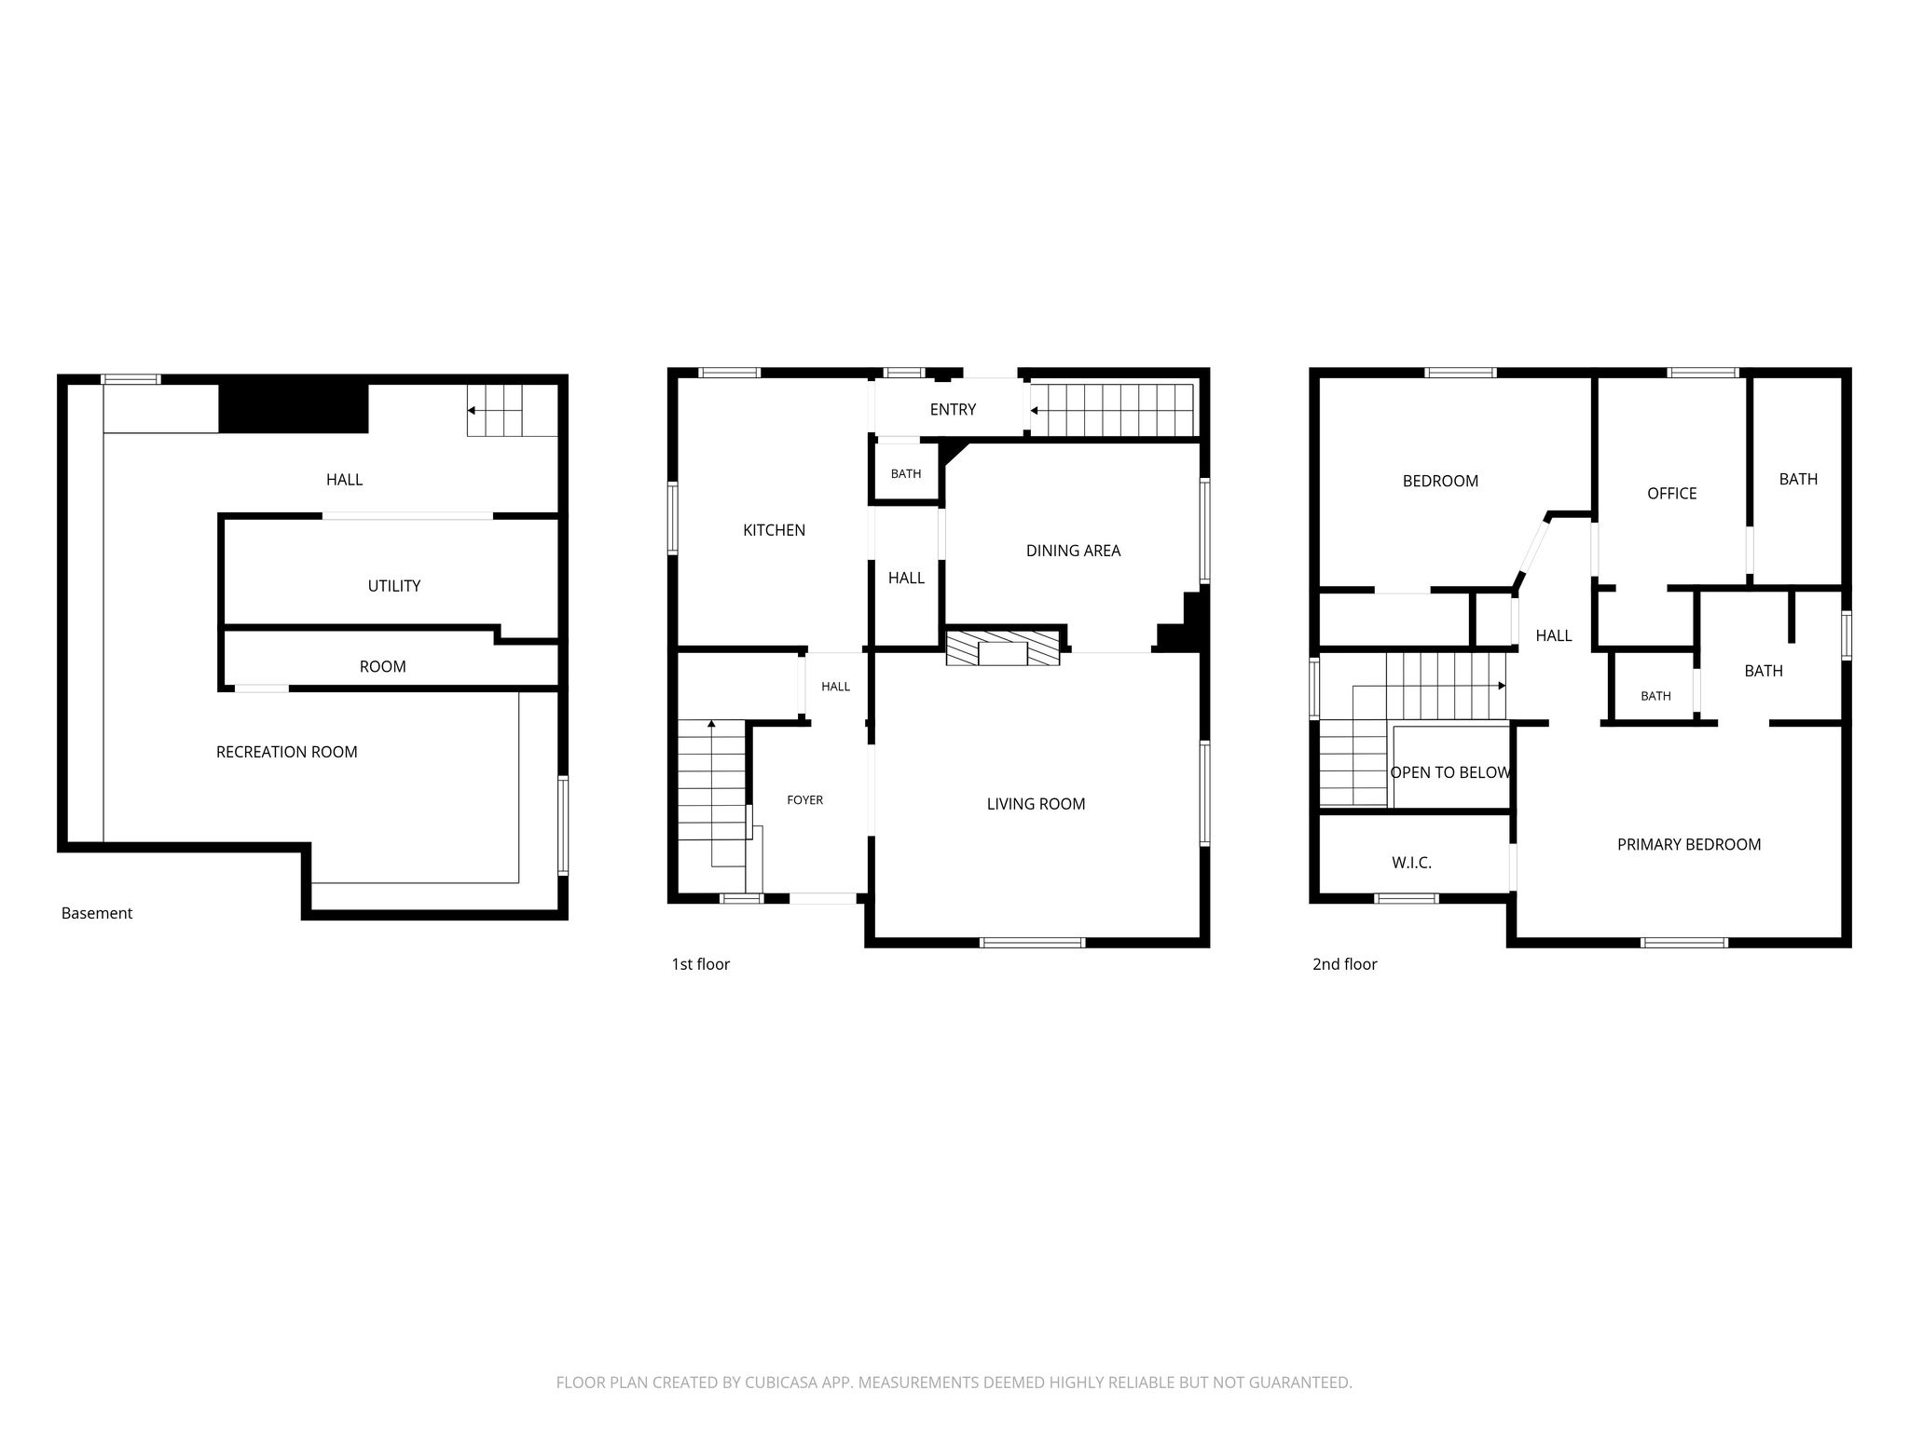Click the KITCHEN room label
[774, 530]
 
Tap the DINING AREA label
[1073, 551]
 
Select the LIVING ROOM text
[1036, 804]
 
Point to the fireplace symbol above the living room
[1003, 648]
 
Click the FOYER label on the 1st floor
[804, 800]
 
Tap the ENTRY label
[953, 410]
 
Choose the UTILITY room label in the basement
[393, 586]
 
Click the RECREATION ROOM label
[286, 752]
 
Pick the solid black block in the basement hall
[294, 408]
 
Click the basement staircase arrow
[485, 410]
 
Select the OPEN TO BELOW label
[1450, 772]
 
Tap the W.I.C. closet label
[1411, 864]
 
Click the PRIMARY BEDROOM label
[1688, 845]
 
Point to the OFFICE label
[1671, 494]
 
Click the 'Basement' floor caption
[97, 913]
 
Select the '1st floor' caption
[700, 964]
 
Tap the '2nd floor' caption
[1344, 964]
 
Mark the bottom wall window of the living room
[1033, 943]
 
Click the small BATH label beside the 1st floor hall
[905, 474]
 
